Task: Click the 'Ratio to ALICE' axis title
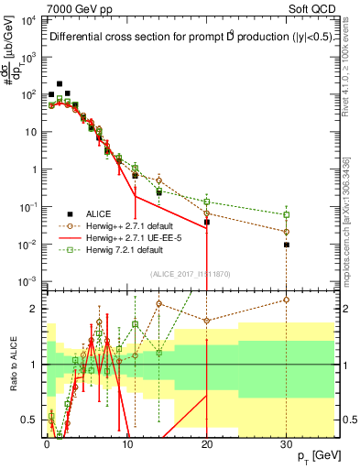(14, 366)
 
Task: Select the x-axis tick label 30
(287, 442)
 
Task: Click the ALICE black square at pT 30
(287, 245)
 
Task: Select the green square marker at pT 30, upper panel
(287, 215)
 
